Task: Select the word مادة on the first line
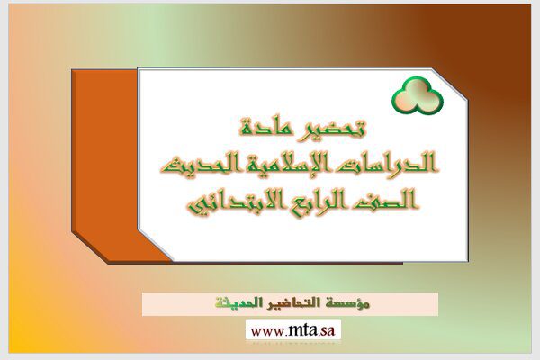(264, 128)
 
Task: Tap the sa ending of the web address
(328, 331)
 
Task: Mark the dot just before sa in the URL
(319, 335)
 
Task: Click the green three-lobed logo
(417, 95)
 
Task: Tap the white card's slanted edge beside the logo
(450, 84)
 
